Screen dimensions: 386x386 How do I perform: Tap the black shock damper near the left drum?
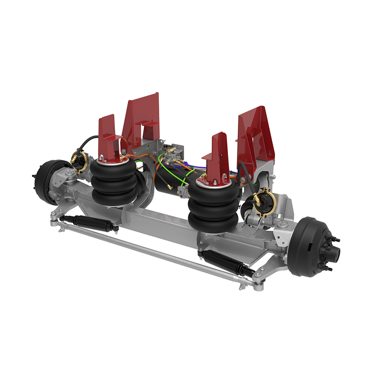(89, 223)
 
